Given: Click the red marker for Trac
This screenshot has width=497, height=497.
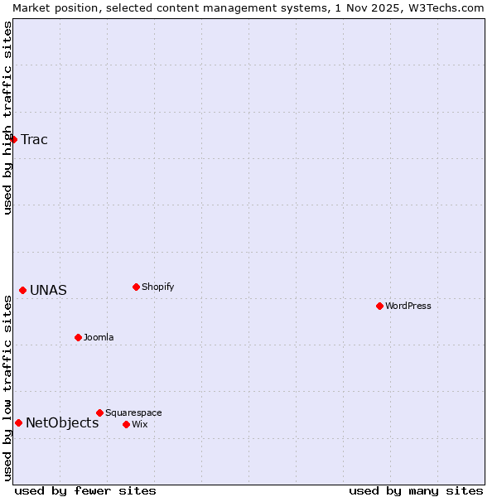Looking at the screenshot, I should coord(14,139).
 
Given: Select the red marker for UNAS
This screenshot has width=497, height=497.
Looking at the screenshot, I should coord(23,290).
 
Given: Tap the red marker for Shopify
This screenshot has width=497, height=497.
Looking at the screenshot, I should coord(136,287).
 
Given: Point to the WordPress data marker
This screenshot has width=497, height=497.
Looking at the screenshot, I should coord(379,306).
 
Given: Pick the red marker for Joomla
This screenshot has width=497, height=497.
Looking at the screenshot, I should coord(78,337).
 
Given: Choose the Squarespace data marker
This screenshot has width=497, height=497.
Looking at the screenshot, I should coord(99,413).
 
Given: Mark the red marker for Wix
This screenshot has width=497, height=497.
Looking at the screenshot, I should coord(126,424).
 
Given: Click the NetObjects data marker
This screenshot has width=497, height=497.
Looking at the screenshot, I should coord(18,422).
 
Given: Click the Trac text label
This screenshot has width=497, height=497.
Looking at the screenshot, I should coord(35,139).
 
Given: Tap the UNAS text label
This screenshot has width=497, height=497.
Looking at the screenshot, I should coord(49,291).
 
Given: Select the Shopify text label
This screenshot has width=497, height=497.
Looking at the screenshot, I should coord(158,287).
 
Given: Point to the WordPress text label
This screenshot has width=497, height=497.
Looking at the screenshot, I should coord(408,306).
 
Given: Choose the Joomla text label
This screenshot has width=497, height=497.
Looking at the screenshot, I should coord(99,337).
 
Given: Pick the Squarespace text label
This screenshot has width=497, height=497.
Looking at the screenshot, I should coord(133,413).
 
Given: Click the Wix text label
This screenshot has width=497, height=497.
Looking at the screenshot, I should coord(140,424).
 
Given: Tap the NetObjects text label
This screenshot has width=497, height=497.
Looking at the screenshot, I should coord(62,423).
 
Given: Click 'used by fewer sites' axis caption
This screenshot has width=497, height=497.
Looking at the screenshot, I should coord(85,490).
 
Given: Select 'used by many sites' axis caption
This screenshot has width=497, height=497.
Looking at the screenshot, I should coord(416,490).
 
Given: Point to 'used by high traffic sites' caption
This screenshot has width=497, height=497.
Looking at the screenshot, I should coord(7,118).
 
